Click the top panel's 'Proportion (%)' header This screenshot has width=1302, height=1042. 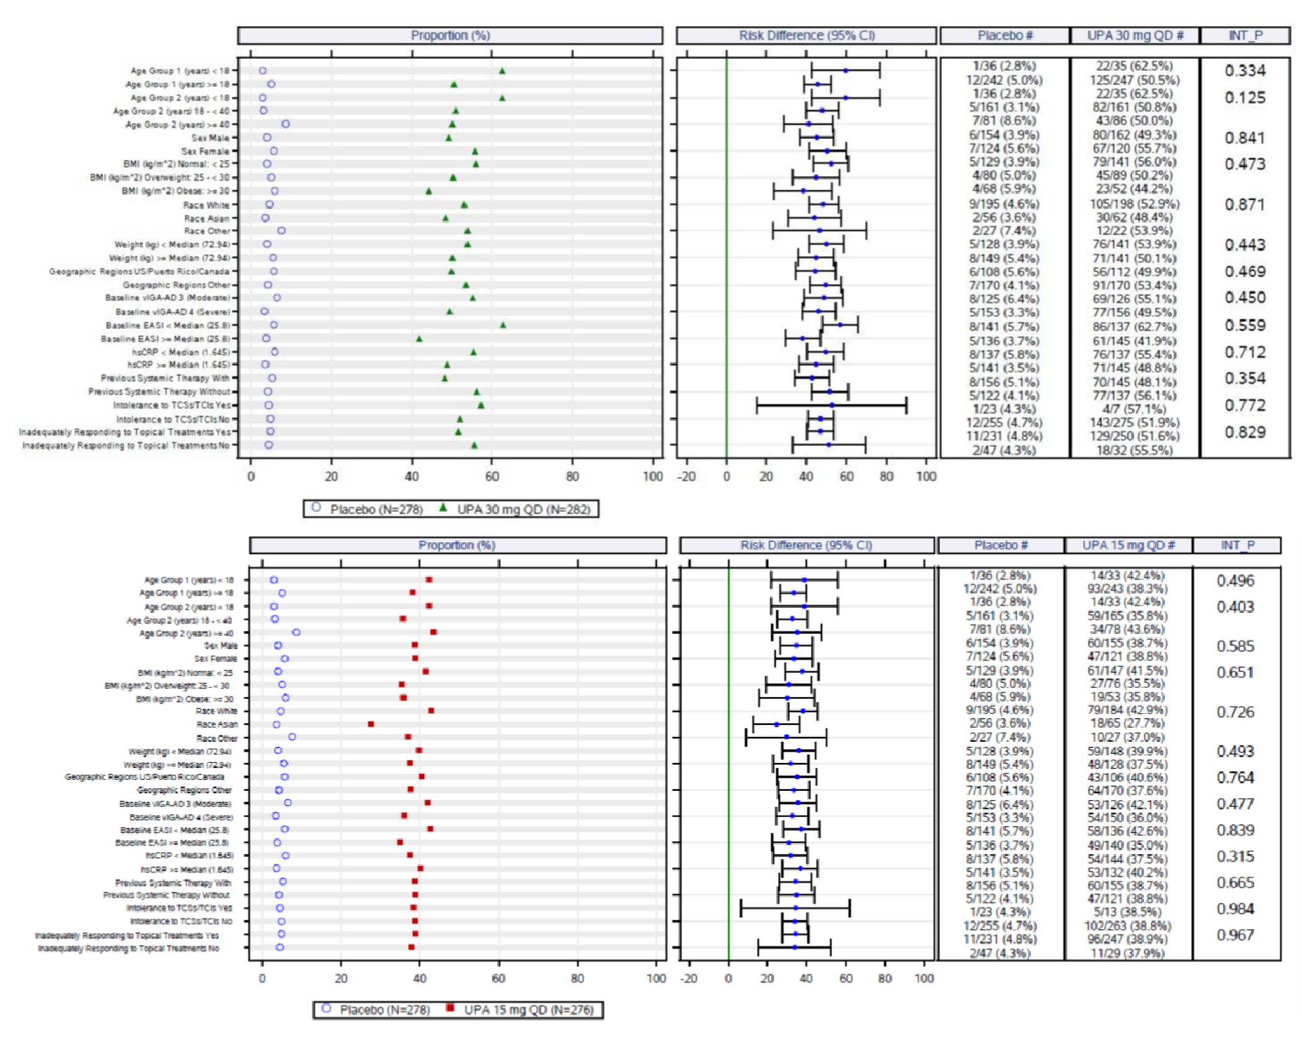(450, 35)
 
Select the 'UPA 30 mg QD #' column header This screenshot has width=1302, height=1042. (1135, 35)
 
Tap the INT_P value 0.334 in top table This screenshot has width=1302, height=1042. (1245, 71)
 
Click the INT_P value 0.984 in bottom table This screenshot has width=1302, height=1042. (1235, 909)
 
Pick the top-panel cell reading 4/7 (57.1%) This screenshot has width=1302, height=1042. (1134, 409)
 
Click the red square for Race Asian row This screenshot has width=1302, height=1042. (371, 724)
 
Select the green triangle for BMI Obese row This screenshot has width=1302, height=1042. (428, 191)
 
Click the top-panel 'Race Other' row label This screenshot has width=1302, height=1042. (206, 231)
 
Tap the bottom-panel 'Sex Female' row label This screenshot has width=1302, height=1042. (215, 659)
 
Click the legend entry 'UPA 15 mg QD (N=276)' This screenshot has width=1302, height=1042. (528, 1010)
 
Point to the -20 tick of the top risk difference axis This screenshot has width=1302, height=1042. (686, 476)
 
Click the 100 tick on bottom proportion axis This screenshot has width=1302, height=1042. (656, 978)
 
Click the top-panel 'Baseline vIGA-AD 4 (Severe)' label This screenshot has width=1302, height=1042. (172, 312)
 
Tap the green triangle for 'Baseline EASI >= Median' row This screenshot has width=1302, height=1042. (419, 339)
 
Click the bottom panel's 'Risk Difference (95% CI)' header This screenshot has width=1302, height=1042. (806, 545)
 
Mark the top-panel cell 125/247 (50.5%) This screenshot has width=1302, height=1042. (1135, 80)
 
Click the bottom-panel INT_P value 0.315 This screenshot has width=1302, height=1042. (1235, 856)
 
